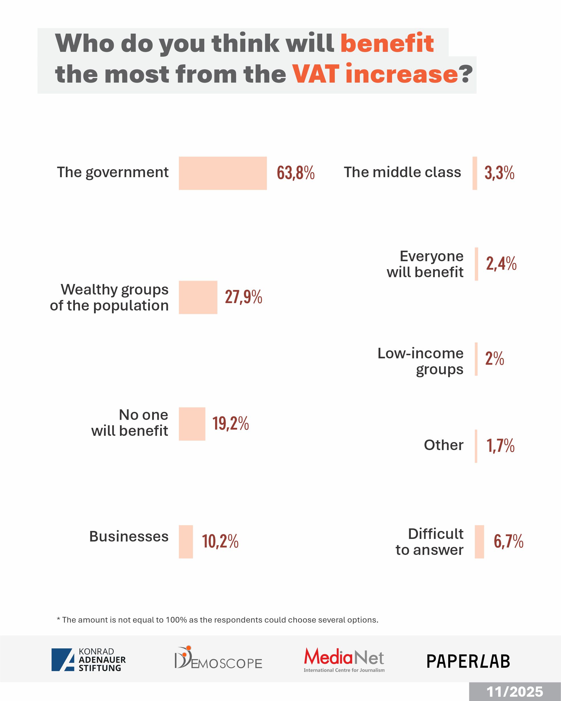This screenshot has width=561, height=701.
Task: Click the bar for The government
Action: (223, 173)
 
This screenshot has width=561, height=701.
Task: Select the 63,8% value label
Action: (296, 173)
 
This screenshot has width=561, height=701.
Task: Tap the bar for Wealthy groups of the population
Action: (198, 297)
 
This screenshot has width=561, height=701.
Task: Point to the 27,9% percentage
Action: (243, 297)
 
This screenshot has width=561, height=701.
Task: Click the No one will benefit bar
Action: (192, 424)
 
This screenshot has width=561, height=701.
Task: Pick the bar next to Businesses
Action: (186, 542)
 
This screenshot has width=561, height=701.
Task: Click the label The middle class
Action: (402, 172)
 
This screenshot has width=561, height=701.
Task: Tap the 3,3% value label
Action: (499, 173)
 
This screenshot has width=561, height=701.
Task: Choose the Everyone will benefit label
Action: (425, 264)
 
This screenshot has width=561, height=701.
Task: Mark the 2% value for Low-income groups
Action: (494, 359)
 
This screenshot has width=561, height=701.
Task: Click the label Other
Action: (444, 445)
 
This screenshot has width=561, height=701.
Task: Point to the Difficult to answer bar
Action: (479, 542)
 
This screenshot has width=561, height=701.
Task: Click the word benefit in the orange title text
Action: (387, 43)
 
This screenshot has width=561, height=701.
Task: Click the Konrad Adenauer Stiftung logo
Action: (88, 659)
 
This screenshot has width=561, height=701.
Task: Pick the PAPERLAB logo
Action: (468, 661)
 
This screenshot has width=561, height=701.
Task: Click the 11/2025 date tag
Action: (515, 692)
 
